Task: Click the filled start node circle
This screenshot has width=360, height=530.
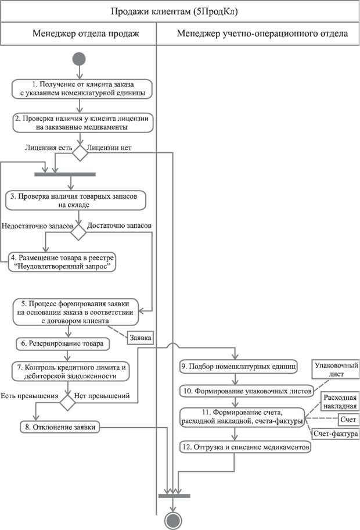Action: point(79,59)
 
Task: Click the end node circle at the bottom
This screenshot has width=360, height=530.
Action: point(172,519)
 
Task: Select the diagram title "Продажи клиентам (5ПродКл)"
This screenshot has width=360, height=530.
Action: point(180,10)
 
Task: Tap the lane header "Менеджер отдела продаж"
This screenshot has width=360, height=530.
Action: point(85,34)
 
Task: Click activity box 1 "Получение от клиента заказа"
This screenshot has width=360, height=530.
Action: point(82,88)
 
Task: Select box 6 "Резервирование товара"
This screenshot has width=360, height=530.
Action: point(63,344)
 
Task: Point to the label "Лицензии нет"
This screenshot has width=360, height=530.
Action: point(110,148)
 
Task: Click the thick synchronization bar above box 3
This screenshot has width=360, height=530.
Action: point(64,174)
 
